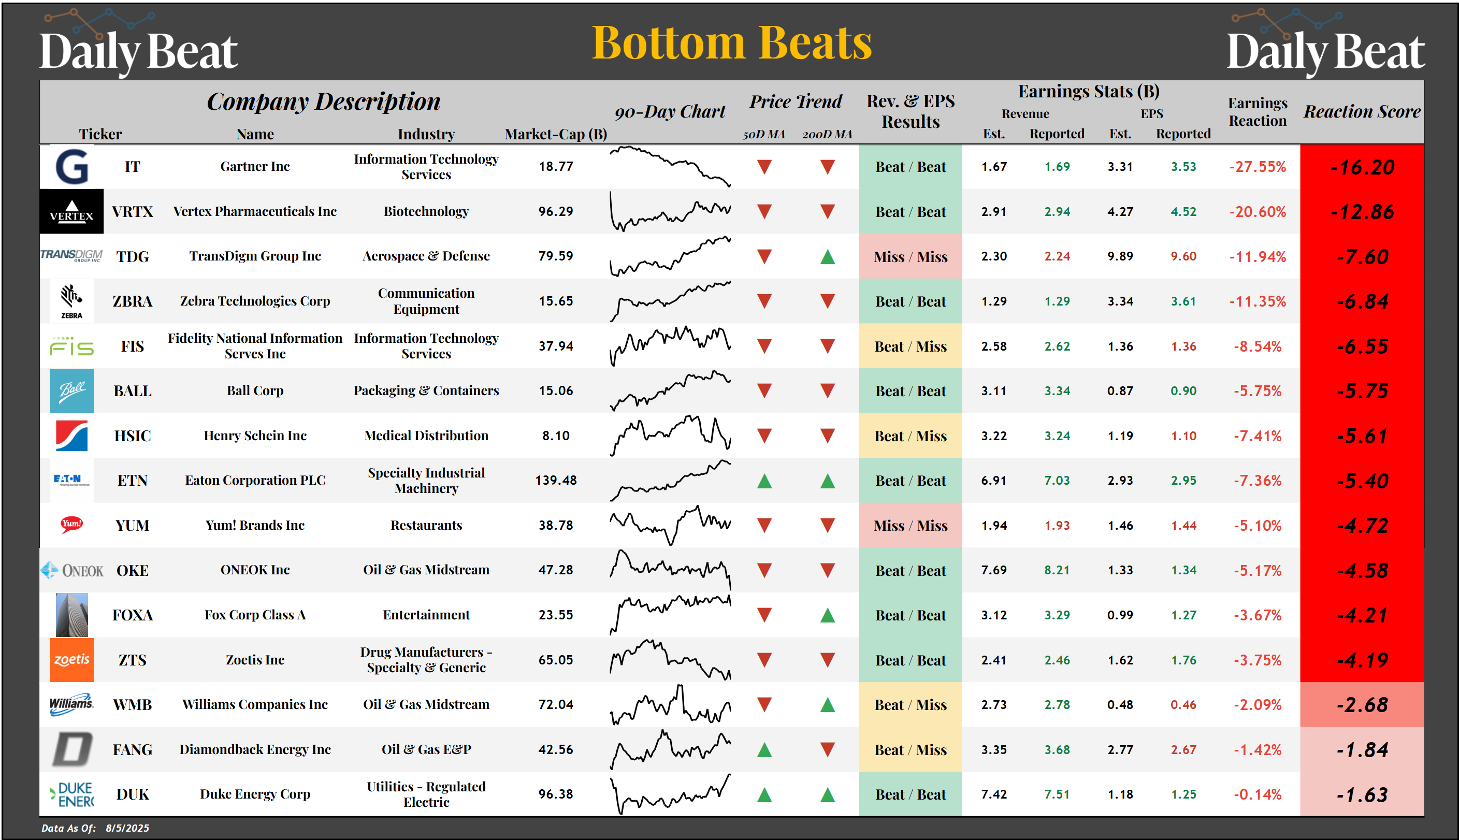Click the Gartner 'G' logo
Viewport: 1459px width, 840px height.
tap(71, 167)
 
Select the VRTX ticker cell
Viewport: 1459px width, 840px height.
tap(132, 212)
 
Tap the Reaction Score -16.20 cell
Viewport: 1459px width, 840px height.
tap(1362, 167)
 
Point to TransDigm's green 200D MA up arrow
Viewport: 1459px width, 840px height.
tap(827, 257)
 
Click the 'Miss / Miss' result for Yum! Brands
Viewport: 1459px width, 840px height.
tap(910, 526)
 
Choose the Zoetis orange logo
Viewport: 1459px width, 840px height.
tap(71, 659)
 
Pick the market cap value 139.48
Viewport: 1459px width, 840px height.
tap(556, 481)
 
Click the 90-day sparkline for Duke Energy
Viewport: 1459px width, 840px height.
tap(670, 794)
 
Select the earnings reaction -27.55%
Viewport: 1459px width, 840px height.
tap(1257, 167)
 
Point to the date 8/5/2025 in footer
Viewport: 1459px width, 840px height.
tap(127, 828)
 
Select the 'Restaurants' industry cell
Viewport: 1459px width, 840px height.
tap(426, 526)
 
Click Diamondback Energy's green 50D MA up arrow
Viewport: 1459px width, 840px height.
tap(764, 750)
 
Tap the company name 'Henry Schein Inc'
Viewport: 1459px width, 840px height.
tap(255, 436)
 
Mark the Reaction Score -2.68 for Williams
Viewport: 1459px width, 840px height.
tap(1362, 705)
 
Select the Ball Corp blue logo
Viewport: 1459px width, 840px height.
tap(71, 391)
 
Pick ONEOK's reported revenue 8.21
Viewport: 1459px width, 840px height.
tap(1057, 570)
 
